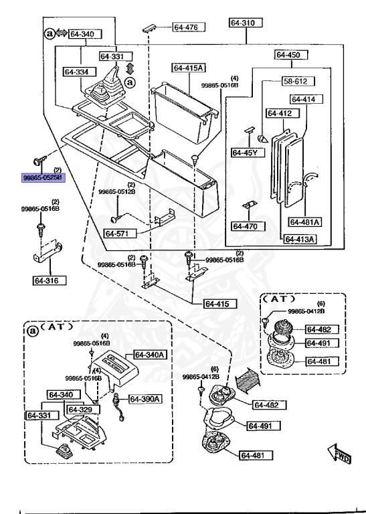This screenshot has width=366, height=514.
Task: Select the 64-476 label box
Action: (189, 27)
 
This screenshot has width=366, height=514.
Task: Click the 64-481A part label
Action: (304, 222)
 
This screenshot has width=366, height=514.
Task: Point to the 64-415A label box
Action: (189, 68)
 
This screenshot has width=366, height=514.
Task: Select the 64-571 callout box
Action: (120, 234)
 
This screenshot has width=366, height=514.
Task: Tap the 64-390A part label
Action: (145, 399)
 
